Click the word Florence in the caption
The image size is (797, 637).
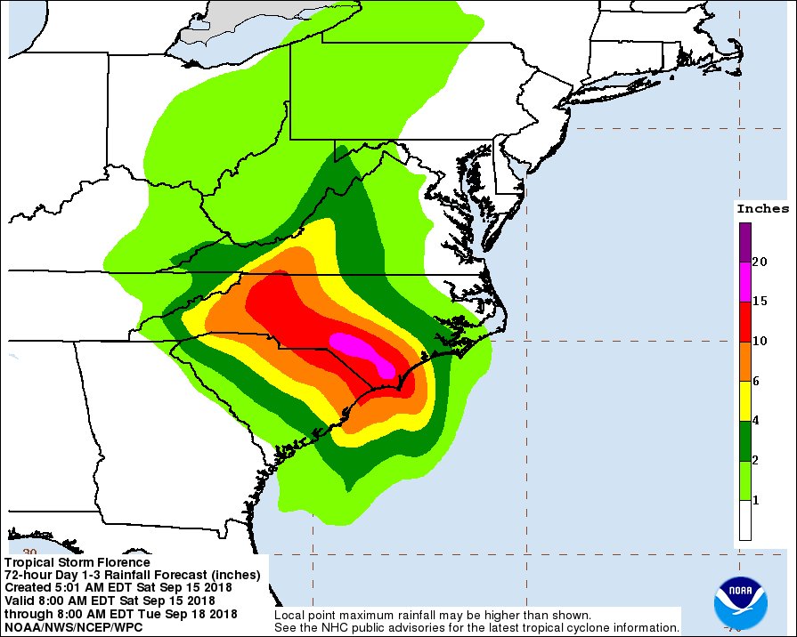[x=125, y=563]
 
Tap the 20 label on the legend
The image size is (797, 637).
[x=760, y=262]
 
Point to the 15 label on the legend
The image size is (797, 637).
[x=760, y=302]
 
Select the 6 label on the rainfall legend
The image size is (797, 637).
[x=756, y=381]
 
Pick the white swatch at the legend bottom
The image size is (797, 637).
[x=744, y=520]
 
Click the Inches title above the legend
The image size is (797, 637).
[x=762, y=209]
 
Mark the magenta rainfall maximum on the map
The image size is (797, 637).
[x=362, y=348]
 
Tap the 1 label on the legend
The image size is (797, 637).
[x=756, y=501]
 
